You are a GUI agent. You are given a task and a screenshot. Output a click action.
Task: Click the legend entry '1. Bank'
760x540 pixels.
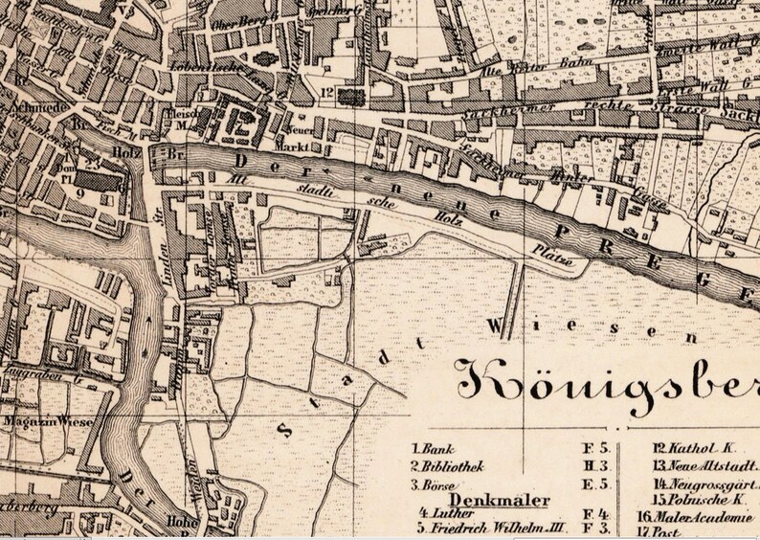433,448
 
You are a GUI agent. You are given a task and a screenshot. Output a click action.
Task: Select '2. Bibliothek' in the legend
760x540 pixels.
445,466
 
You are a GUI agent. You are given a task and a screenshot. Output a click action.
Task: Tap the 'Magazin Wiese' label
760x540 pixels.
40,419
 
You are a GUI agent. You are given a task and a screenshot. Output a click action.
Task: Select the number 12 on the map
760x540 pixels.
326,93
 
